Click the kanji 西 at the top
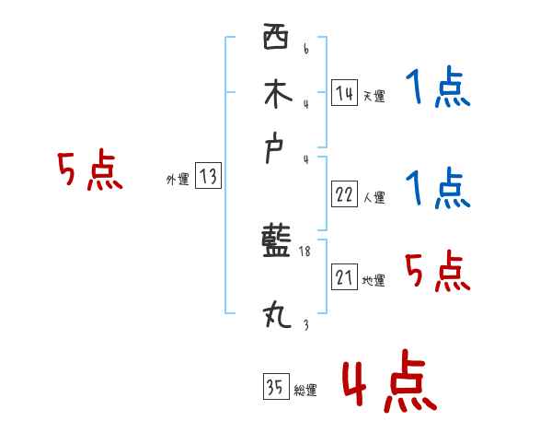[275, 39]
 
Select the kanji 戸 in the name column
[276, 150]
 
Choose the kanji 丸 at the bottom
[276, 316]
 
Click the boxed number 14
[344, 93]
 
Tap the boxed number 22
[344, 194]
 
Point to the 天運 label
[374, 96]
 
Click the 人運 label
[374, 197]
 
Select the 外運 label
[178, 181]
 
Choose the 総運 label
[305, 391]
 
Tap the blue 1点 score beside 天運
[438, 89]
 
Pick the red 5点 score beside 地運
[438, 271]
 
